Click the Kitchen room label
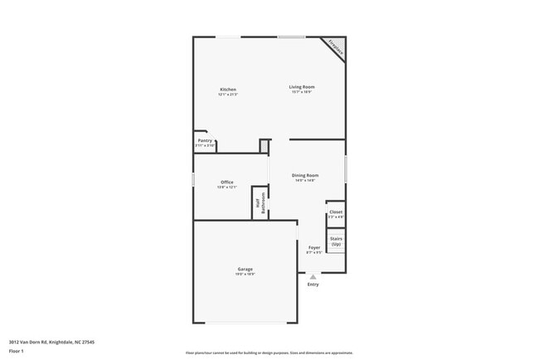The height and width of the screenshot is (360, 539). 228,90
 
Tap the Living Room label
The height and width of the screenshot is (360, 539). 302,86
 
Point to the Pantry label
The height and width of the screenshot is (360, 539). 205,140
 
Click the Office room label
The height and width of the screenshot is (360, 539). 226,182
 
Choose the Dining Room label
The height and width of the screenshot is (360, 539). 305,175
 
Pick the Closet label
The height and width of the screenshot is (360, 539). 336,212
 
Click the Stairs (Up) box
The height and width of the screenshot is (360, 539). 336,241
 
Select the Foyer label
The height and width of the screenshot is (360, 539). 314,247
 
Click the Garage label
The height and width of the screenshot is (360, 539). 245,269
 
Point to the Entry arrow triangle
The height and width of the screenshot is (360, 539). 313,277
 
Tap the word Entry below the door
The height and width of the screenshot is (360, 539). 313,285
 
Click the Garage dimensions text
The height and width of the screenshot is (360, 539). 245,275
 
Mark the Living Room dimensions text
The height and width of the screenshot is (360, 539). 302,92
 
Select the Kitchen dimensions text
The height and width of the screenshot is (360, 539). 228,95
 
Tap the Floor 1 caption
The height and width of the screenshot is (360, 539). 17,351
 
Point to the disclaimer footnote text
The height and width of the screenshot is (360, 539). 269,353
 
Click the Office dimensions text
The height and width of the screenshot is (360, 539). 226,187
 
